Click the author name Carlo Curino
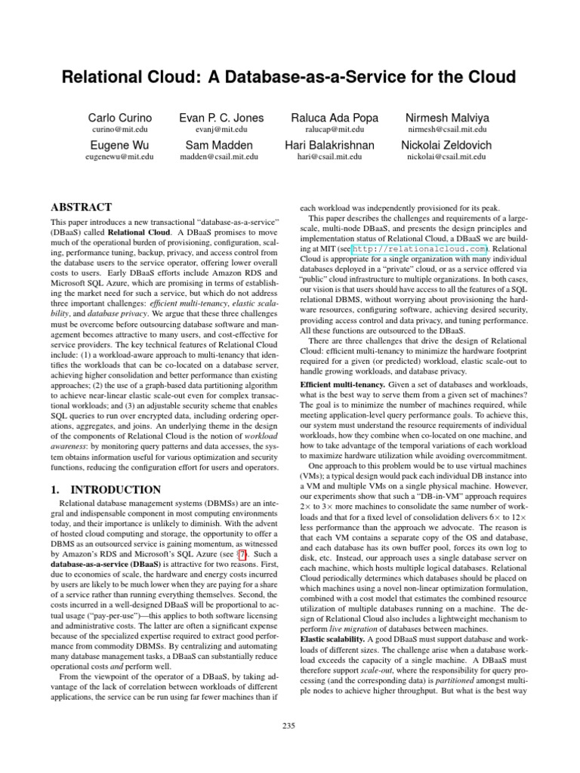pyautogui.click(x=120, y=118)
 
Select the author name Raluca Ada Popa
pyautogui.click(x=335, y=118)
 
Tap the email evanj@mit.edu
pyautogui.click(x=222, y=130)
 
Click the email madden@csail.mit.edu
pyautogui.click(x=222, y=157)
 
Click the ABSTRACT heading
pyautogui.click(x=81, y=207)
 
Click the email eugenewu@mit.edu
pyautogui.click(x=120, y=157)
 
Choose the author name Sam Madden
pyautogui.click(x=222, y=145)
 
